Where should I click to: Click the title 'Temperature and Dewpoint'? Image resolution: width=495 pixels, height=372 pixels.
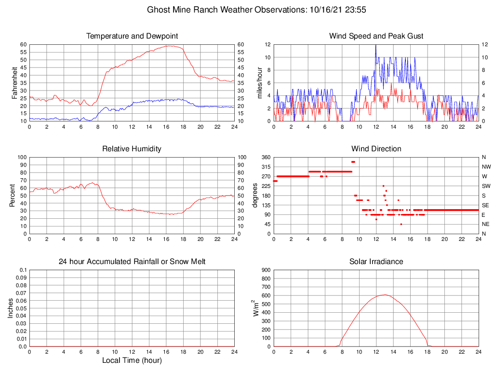pos(132,36)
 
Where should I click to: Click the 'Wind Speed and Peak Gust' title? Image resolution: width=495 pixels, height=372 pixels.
pos(376,36)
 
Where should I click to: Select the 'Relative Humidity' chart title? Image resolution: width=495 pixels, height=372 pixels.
pos(132,149)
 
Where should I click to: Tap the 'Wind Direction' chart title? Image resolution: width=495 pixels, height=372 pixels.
pos(376,149)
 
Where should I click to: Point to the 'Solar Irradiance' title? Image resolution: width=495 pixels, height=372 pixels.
pos(376,262)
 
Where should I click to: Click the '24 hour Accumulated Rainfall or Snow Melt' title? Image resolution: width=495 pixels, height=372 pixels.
pos(132,262)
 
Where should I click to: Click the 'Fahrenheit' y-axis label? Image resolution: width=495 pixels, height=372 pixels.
pos(14,82)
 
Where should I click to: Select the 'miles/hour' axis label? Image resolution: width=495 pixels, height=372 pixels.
pos(260,82)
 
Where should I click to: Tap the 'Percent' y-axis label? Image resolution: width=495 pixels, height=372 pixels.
pos(13,195)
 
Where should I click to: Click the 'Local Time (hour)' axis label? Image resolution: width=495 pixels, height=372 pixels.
pos(132,360)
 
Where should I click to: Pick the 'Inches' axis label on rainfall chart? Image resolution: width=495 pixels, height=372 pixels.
pos(11,308)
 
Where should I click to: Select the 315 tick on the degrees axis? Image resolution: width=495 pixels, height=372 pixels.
pos(265,167)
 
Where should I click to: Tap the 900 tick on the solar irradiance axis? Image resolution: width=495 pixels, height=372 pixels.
pos(266,270)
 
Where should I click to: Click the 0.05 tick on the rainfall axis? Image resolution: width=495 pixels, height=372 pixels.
pos(22,308)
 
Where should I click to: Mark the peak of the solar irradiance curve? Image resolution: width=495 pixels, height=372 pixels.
pos(385,294)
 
